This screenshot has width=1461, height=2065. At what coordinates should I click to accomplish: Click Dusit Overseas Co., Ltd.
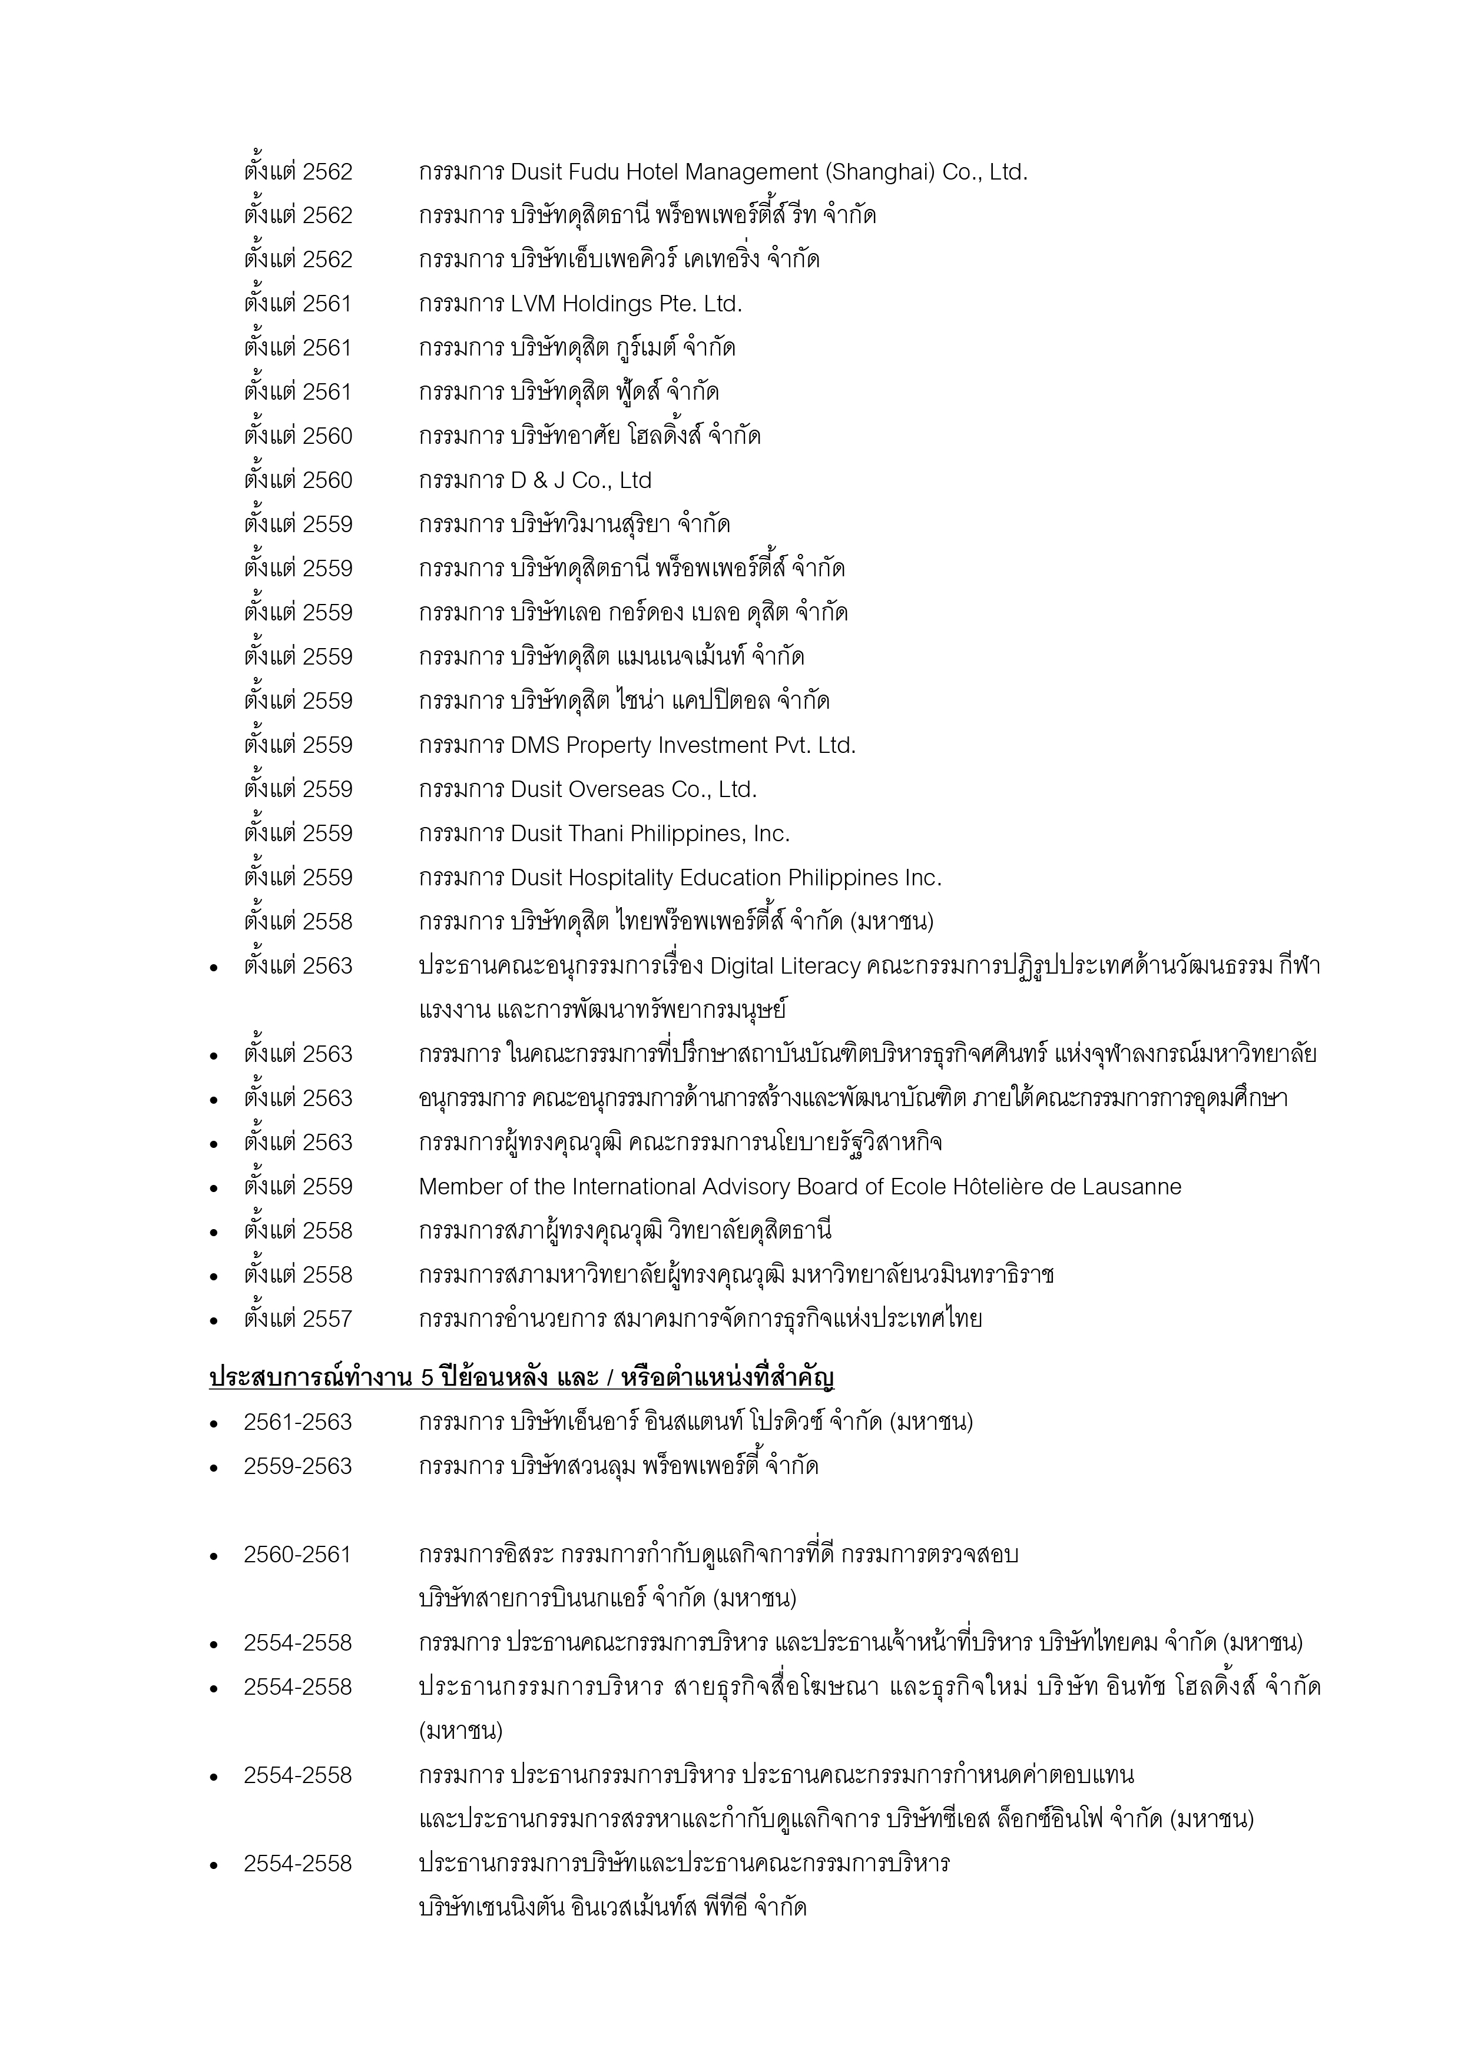pos(634,789)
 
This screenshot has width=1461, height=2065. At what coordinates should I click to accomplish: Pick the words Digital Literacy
pos(784,966)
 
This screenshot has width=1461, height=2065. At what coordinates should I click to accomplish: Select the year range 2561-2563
pos(297,1423)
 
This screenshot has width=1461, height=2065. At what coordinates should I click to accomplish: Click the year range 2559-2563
pos(297,1467)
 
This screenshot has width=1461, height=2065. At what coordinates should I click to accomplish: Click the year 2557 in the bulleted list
pos(327,1319)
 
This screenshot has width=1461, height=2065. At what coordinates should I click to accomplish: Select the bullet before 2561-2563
pos(214,1425)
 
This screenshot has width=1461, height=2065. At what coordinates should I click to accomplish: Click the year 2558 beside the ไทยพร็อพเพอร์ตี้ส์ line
pos(327,922)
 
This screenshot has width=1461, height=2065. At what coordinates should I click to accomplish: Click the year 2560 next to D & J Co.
pos(327,480)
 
